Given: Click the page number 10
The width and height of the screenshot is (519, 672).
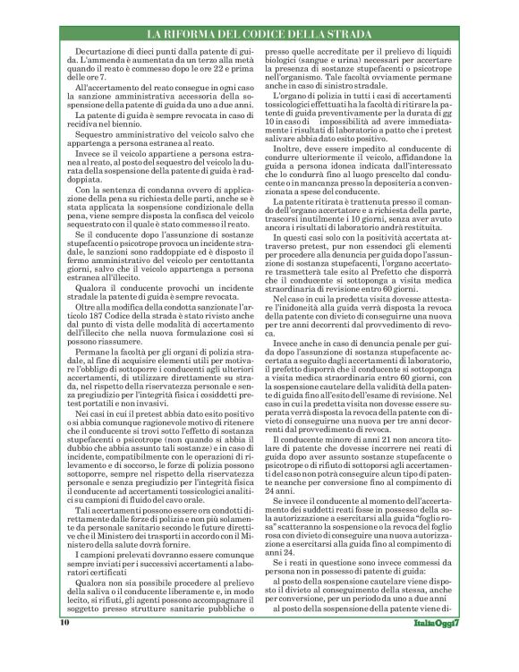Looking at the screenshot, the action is click(64, 646).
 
